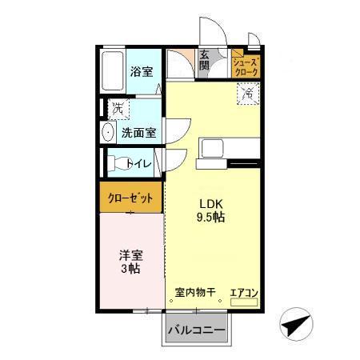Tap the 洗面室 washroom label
pos(138,133)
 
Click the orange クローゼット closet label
pos(130,196)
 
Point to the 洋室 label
pos(132,255)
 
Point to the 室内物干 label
pos(195,293)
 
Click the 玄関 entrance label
pos(205,61)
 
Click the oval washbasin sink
pos(108,132)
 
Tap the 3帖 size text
pos(132,270)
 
